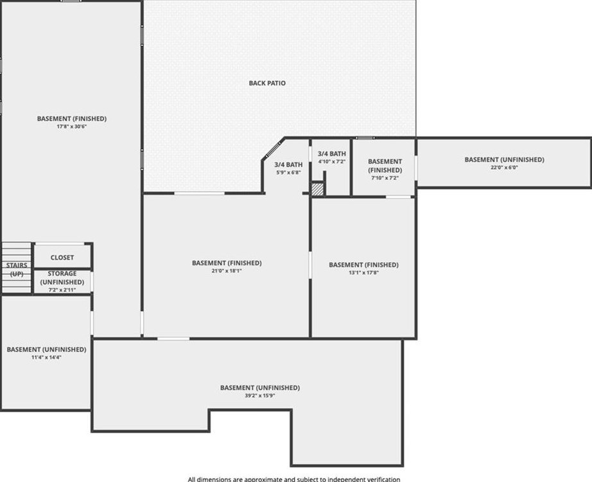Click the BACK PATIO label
[x=267, y=83]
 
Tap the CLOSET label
[x=62, y=258]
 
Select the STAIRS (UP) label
[x=17, y=269]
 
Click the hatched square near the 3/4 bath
[x=318, y=189]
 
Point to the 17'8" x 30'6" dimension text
[x=72, y=127]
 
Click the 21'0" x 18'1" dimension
[x=227, y=271]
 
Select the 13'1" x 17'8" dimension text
[x=363, y=272]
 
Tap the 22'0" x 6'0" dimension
[x=504, y=168]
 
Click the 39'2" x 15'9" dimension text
[x=260, y=396]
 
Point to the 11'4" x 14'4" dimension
[x=46, y=357]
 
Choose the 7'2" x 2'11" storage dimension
[x=62, y=290]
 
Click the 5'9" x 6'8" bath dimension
[x=288, y=173]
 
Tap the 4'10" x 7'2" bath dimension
[x=332, y=161]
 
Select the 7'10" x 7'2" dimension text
[x=385, y=177]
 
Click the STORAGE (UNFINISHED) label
[x=62, y=278]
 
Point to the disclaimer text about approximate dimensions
[x=294, y=479]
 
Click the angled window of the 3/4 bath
[x=274, y=148]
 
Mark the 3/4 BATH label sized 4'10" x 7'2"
[x=332, y=154]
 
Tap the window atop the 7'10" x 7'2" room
[x=365, y=138]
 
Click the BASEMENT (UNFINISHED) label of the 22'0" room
[x=504, y=159]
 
